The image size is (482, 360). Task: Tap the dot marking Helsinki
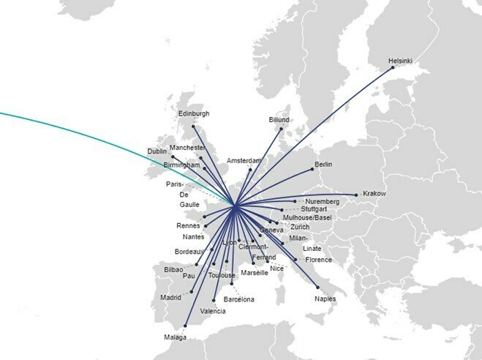tap(393, 67)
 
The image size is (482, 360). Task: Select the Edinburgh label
tap(193, 113)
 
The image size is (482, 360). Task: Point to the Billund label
tap(279, 119)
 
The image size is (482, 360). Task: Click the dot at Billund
tap(281, 128)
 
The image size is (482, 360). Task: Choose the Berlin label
tap(323, 164)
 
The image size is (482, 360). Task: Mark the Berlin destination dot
tap(312, 170)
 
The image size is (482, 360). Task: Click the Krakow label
tap(374, 194)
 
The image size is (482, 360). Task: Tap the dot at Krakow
tap(356, 195)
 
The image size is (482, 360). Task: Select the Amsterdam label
tap(244, 160)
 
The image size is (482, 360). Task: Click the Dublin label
tap(157, 151)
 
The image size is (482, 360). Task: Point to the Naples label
tap(325, 299)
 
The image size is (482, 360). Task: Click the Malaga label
tap(176, 337)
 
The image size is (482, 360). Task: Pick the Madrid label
tap(170, 297)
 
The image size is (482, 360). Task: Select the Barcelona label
tap(238, 299)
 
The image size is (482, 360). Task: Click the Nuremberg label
tap(323, 201)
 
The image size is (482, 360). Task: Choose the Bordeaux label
tap(189, 252)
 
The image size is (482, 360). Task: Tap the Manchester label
tap(187, 148)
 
